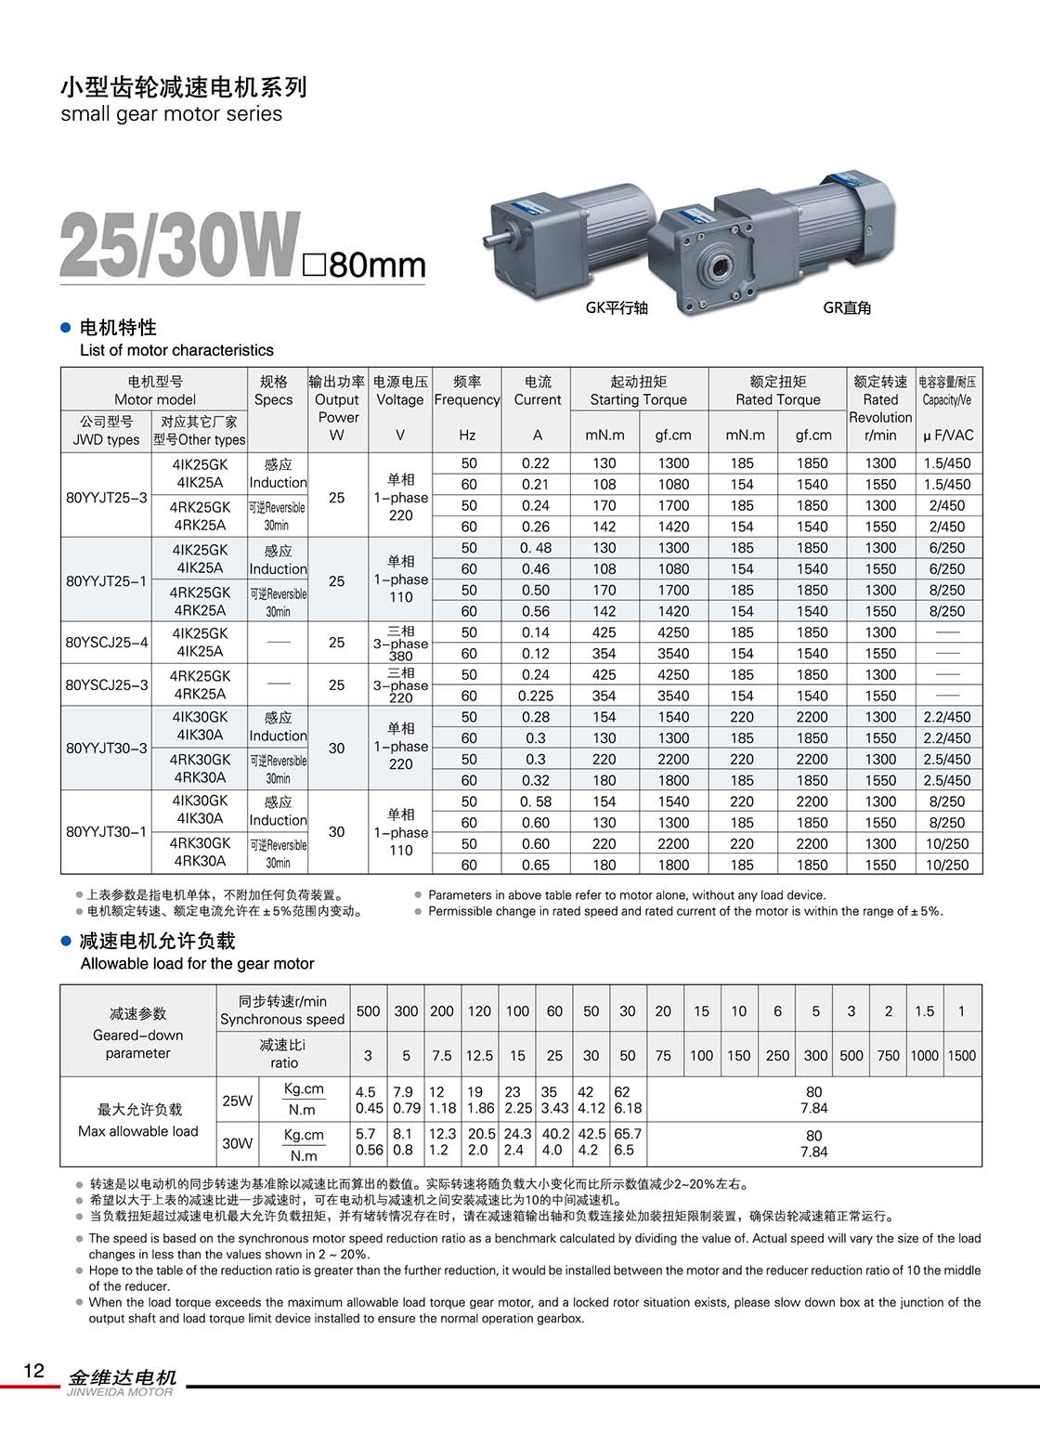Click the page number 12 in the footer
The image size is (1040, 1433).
tap(33, 1371)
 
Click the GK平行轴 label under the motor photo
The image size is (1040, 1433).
tap(617, 307)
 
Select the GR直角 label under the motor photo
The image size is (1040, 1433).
tap(847, 307)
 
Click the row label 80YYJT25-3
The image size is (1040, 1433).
tap(107, 497)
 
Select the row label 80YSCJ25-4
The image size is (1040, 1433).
tap(107, 642)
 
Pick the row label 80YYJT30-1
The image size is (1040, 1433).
tap(107, 831)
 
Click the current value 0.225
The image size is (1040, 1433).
tap(536, 696)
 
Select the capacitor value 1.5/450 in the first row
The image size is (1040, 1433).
tap(947, 462)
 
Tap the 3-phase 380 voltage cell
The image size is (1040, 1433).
tap(401, 643)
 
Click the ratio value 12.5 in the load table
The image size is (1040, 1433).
tap(479, 1055)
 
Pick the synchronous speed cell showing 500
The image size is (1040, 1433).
tap(369, 1010)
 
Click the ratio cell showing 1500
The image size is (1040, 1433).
tap(962, 1055)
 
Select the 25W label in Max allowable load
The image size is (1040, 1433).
tap(238, 1101)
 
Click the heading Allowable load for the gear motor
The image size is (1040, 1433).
tap(197, 963)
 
